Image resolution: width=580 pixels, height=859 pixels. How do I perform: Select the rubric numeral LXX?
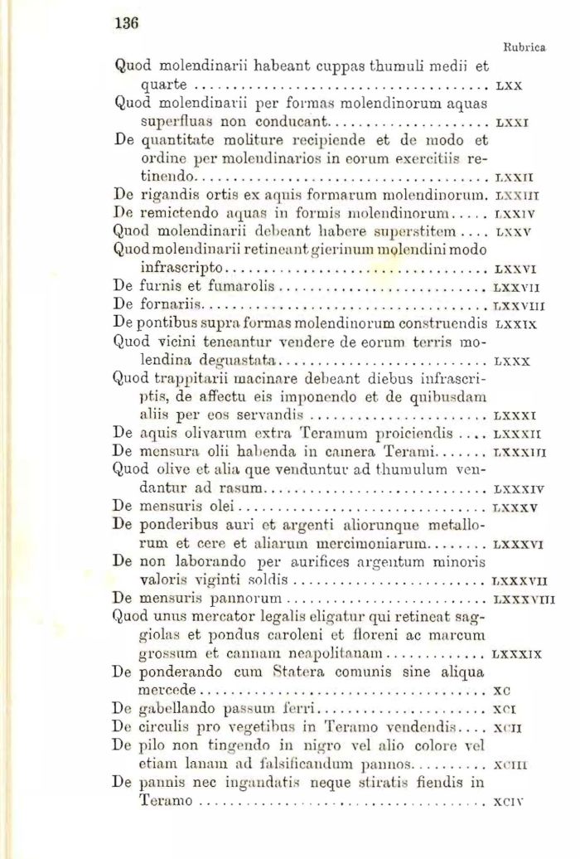tap(508, 85)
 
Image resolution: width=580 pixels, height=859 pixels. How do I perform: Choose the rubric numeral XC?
tap(500, 690)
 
